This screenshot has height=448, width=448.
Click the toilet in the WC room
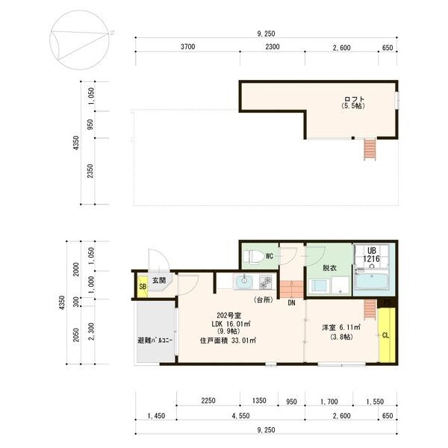click(x=253, y=256)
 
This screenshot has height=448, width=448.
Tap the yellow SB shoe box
click(x=143, y=286)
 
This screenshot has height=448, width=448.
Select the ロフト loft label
click(x=354, y=99)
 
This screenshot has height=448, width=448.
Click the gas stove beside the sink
click(x=266, y=281)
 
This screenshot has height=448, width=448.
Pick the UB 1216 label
click(x=371, y=255)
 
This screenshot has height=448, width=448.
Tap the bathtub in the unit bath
click(x=371, y=281)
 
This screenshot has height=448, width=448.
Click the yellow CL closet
click(x=387, y=335)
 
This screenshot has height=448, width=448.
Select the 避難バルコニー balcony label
click(x=155, y=340)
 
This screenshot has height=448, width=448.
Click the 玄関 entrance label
click(x=159, y=281)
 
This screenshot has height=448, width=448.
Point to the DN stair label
click(x=291, y=303)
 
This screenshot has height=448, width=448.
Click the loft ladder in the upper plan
click(x=370, y=149)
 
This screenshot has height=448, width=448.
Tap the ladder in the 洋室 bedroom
click(x=370, y=309)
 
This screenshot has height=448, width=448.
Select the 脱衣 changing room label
click(x=329, y=268)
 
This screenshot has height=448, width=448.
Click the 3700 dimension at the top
click(x=187, y=46)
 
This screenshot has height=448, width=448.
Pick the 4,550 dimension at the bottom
click(x=240, y=416)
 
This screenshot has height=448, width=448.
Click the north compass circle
click(x=79, y=40)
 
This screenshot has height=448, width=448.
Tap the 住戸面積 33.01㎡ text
click(x=228, y=340)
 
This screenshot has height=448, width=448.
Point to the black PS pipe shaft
click(x=387, y=303)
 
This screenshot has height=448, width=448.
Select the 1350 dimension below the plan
click(x=259, y=400)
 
